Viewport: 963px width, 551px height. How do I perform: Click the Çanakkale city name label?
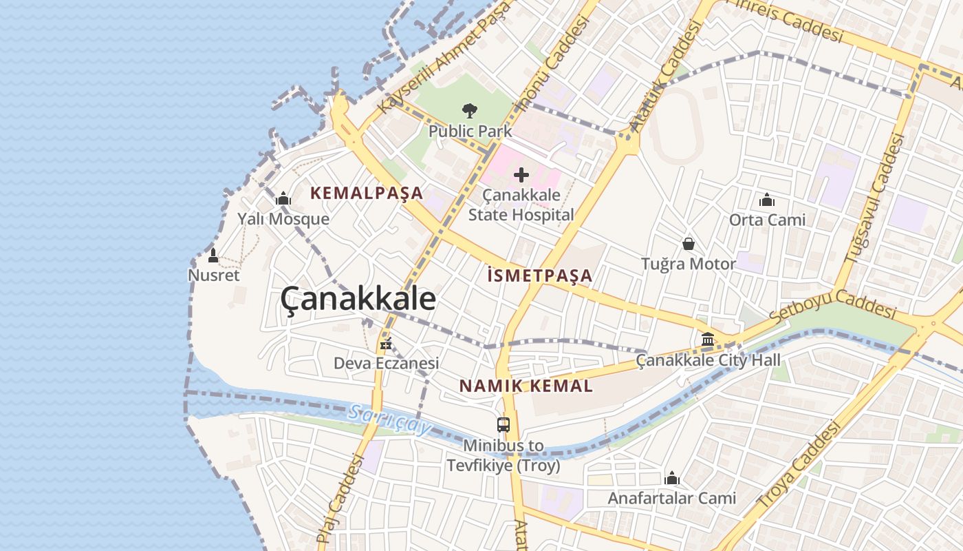click(x=358, y=300)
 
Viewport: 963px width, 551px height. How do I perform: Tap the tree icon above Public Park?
click(x=470, y=110)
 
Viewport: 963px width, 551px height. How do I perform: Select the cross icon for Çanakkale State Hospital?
click(x=521, y=175)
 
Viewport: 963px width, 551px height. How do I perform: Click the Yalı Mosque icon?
click(x=283, y=200)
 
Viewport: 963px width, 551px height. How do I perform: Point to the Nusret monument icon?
click(x=213, y=256)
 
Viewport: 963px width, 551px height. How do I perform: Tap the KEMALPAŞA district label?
click(x=367, y=194)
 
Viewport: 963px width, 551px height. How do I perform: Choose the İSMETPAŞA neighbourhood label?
click(x=539, y=276)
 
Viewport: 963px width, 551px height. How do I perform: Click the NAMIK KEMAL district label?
click(x=526, y=386)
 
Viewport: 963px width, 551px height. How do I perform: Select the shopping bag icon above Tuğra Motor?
click(x=688, y=244)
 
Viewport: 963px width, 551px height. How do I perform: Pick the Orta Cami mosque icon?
click(x=767, y=200)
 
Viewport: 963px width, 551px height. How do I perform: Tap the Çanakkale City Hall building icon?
click(x=708, y=339)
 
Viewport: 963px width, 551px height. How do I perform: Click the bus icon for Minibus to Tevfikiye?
click(x=504, y=425)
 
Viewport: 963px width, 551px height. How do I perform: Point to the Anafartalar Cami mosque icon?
click(x=672, y=478)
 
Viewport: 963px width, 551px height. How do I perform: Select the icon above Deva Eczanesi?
click(x=386, y=343)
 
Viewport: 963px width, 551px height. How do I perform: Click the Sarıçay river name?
click(x=389, y=419)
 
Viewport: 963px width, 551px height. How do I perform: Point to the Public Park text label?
click(x=470, y=131)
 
